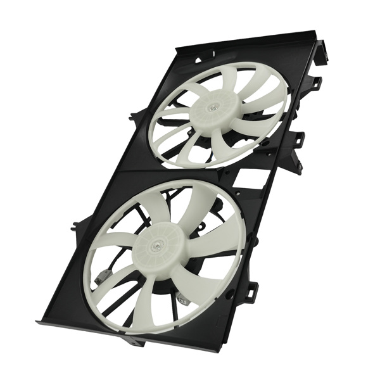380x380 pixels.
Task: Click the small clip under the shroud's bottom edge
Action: (134, 342)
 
